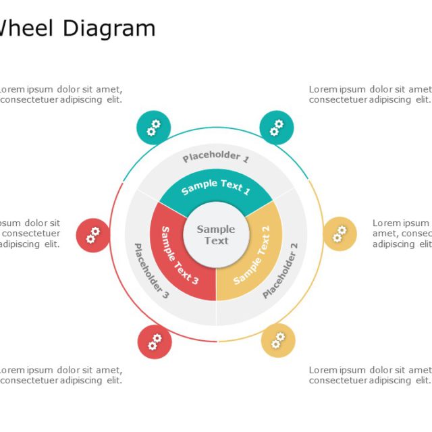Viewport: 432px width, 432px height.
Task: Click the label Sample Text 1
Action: tap(216, 187)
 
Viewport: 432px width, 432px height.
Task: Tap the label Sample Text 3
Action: tap(179, 255)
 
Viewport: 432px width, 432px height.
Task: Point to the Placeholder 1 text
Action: tap(216, 157)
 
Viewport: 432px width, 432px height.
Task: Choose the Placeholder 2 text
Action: tap(280, 275)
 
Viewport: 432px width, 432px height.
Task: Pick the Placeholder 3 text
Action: tap(151, 271)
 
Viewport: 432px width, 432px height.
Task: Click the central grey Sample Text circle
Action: tap(216, 235)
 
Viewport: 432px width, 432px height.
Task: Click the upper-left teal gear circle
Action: tap(154, 127)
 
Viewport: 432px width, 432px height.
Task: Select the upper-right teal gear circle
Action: tap(277, 127)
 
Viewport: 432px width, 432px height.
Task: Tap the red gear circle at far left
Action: tap(93, 235)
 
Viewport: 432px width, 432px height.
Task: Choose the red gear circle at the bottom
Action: tap(155, 342)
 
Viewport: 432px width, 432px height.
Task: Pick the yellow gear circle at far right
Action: tap(340, 234)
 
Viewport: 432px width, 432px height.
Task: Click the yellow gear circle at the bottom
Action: tap(278, 340)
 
